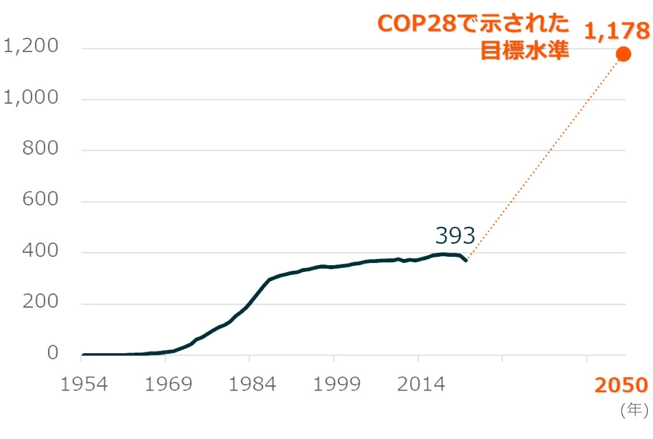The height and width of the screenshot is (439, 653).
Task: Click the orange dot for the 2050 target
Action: [x=623, y=54]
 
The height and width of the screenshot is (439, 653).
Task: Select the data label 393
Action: [x=455, y=235]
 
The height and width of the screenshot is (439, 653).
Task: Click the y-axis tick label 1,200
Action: [x=31, y=47]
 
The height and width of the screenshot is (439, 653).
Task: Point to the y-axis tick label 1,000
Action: [x=31, y=98]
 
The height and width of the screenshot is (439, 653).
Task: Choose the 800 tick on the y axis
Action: [x=40, y=149]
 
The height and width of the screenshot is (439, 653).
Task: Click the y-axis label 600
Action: [x=40, y=200]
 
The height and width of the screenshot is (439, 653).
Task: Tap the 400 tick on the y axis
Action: [x=40, y=252]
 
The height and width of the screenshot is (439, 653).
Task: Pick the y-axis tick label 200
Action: [x=40, y=302]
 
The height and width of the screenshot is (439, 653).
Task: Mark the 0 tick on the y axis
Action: [x=52, y=354]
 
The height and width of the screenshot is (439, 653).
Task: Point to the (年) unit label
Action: [x=634, y=411]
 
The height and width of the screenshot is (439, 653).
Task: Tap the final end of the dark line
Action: [x=466, y=260]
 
